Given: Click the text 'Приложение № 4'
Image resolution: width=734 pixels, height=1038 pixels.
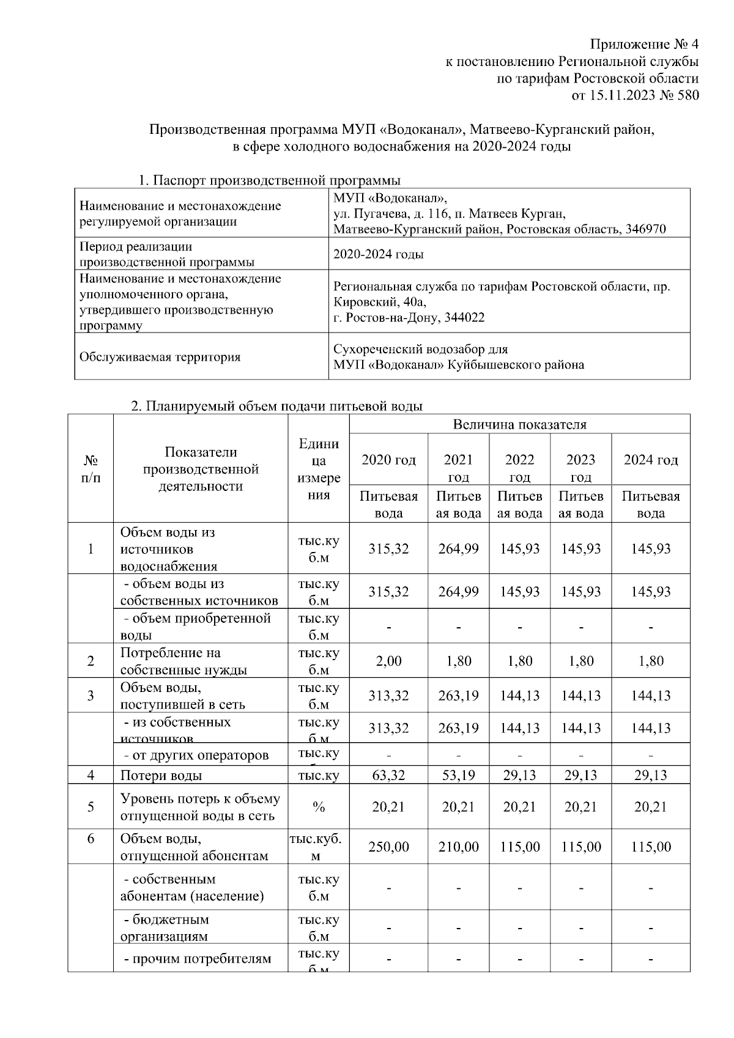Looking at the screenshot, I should coord(643,45).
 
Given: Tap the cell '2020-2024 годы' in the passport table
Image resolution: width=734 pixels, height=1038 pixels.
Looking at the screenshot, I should coord(378,254).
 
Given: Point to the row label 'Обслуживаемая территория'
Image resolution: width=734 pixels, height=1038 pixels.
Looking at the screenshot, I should coord(160,357).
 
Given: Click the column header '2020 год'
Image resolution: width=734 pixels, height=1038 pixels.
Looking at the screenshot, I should coord(388,460).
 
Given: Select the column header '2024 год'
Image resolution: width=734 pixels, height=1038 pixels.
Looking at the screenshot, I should coord(650,460).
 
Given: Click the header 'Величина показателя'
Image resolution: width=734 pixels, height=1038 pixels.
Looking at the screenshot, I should coord(519,424).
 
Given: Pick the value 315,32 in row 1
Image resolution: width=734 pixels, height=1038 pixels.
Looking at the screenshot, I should coord(388,548).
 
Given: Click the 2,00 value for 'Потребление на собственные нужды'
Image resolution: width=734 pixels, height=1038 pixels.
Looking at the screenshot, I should coord(388,661).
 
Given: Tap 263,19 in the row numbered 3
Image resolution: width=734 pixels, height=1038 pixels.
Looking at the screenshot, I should coord(458,696).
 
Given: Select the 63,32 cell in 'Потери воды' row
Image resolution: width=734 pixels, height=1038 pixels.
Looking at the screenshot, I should coord(388,776).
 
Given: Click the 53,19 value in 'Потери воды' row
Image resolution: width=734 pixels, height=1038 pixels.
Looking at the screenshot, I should coord(458,776).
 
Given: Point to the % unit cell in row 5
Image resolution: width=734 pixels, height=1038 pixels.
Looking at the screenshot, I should coord(318,807).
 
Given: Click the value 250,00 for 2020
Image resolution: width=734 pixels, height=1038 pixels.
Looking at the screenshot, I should coord(388,847).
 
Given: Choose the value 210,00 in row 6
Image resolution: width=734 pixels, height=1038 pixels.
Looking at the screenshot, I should coord(458,847).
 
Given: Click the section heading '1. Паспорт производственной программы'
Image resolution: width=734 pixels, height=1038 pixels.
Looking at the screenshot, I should coord(269,181).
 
